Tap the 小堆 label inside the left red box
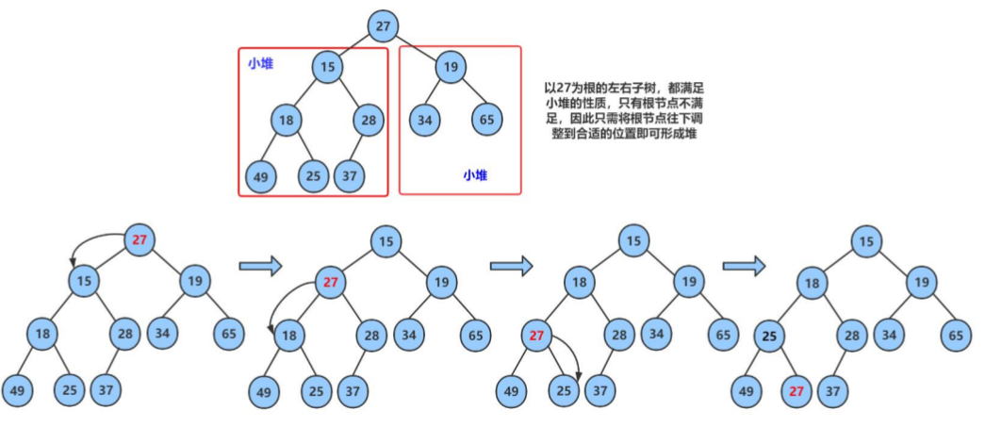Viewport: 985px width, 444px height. [260, 63]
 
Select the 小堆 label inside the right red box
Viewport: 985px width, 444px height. [475, 175]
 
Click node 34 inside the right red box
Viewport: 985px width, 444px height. [425, 120]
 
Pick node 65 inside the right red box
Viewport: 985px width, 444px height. [487, 120]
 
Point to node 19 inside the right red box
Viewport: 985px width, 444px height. [451, 66]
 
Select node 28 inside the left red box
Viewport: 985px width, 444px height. [369, 120]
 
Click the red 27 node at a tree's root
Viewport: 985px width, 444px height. [140, 239]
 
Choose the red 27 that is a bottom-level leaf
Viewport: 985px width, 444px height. [796, 390]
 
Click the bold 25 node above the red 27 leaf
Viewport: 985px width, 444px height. [769, 336]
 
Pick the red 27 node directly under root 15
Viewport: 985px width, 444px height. [330, 281]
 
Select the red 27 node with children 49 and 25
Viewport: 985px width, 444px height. [537, 336]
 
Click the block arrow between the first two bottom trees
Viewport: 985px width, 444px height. [261, 268]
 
